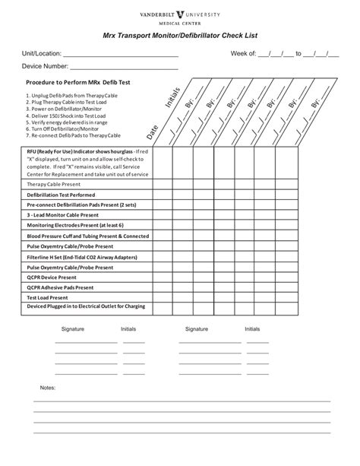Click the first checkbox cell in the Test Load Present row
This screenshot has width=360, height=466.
(x=162, y=297)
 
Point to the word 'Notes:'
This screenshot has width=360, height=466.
(x=47, y=388)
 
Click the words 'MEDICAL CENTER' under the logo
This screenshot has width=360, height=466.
(x=179, y=22)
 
